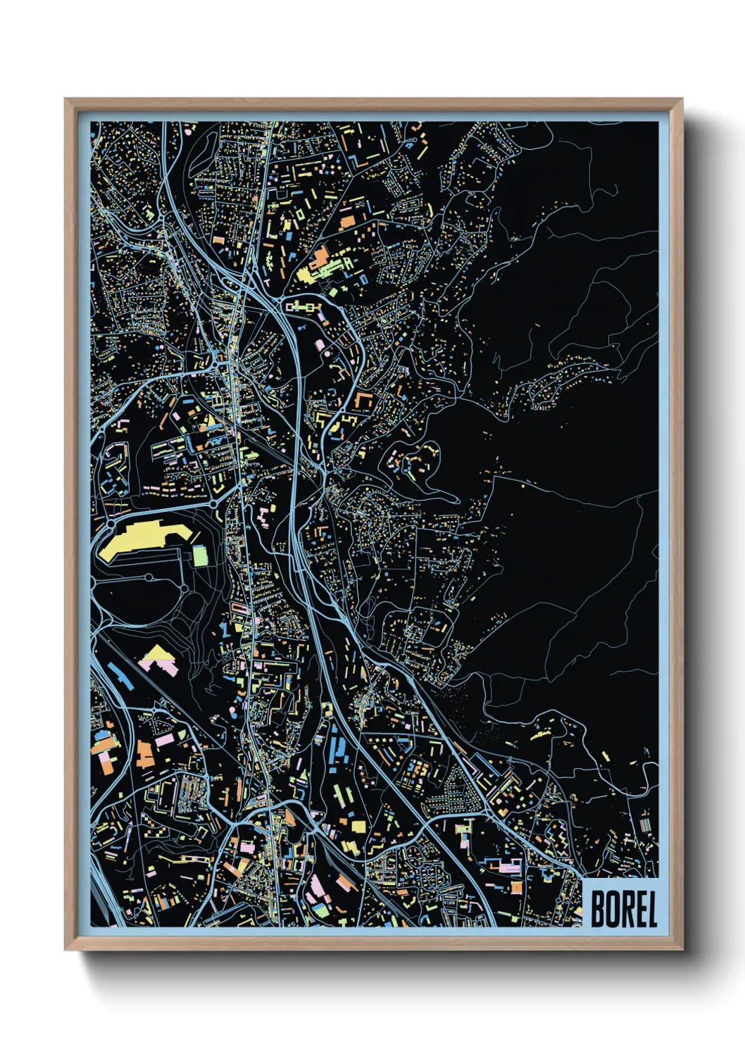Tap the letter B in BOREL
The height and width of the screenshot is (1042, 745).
597,909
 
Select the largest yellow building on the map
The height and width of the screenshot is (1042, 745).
137,541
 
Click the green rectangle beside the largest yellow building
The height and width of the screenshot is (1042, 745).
201,555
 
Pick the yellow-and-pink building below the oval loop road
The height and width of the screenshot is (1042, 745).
161,661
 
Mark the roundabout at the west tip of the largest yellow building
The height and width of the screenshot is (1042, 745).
110,525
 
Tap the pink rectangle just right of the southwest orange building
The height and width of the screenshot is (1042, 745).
164,741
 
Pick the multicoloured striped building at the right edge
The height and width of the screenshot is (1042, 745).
646,822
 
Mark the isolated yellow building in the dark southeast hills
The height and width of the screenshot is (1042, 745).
541,734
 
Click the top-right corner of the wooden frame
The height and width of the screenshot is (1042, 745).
681,100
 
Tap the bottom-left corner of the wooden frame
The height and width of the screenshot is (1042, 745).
65,948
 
